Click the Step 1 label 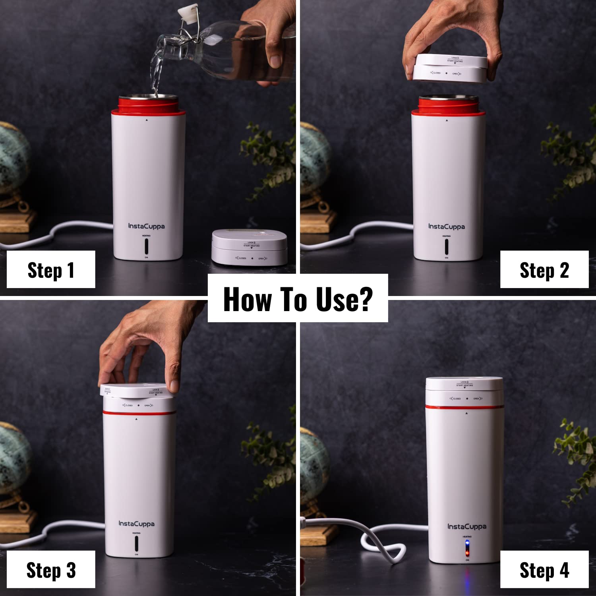coord(51,270)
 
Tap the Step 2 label coord(544,270)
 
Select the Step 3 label coord(51,570)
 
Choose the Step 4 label coord(544,570)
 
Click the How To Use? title coord(298,299)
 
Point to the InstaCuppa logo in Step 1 coord(146,226)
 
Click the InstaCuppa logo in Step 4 coord(467,526)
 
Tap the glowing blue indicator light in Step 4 coord(467,543)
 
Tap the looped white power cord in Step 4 coord(381,544)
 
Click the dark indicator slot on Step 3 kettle coord(136,543)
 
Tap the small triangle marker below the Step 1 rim coord(147,120)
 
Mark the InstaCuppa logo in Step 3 coord(136,524)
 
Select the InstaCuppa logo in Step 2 coord(446,226)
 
